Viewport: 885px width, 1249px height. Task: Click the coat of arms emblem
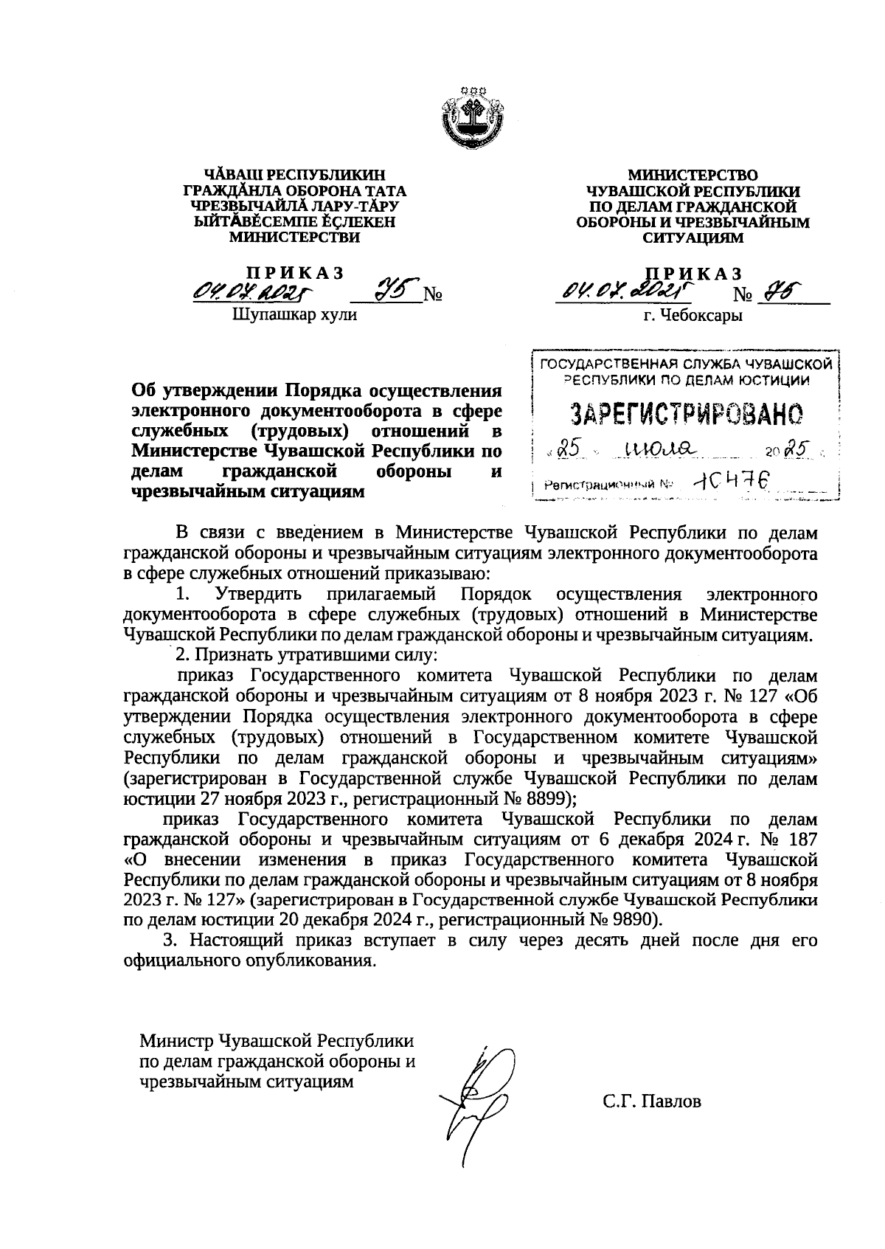(x=472, y=121)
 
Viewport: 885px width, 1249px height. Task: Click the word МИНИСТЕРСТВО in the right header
(x=693, y=176)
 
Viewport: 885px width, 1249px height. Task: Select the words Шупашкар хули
(x=294, y=315)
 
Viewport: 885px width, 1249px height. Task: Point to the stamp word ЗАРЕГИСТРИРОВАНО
(x=687, y=415)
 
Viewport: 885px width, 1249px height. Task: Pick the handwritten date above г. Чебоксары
(x=622, y=292)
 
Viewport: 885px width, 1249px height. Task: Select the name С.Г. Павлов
(x=651, y=1102)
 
